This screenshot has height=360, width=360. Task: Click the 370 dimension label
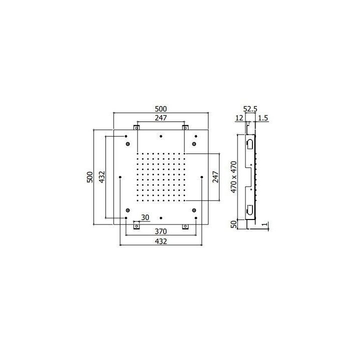click(160, 231)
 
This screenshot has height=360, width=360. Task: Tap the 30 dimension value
click(145, 217)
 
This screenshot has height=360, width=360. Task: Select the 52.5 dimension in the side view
click(250, 109)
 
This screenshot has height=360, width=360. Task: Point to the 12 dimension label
click(239, 118)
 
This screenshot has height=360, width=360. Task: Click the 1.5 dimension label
click(263, 118)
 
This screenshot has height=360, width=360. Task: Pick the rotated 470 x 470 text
click(233, 177)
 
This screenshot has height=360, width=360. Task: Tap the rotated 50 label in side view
click(233, 224)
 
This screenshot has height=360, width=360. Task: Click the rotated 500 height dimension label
click(90, 177)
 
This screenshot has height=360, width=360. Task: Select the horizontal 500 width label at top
click(160, 109)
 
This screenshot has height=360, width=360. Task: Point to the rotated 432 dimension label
click(102, 177)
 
